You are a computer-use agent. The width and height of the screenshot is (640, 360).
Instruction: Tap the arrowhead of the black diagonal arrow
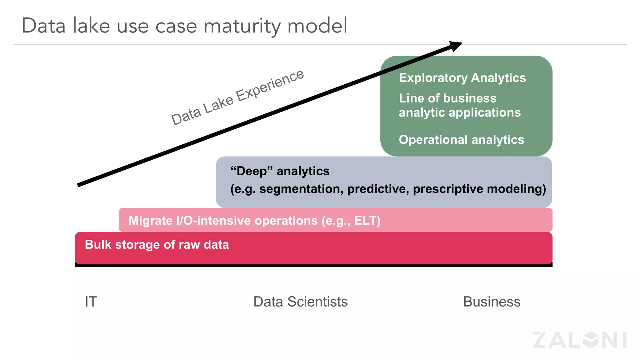coord(456,46)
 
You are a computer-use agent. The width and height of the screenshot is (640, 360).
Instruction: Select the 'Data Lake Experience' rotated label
coord(237,97)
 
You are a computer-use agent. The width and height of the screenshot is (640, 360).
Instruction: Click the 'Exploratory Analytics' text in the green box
coord(462,78)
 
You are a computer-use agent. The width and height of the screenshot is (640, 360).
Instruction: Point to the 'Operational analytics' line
coord(461,140)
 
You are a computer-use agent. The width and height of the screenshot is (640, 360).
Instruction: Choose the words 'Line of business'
coord(447,98)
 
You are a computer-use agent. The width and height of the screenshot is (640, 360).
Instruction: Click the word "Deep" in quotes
coord(252,171)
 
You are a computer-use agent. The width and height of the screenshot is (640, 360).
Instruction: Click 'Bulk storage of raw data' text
coord(157,245)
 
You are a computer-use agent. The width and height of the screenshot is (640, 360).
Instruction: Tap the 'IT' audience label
coord(91,302)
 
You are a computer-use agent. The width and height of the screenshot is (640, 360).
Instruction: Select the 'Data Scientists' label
coord(300,302)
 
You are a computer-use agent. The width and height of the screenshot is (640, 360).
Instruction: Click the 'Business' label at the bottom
coord(492,302)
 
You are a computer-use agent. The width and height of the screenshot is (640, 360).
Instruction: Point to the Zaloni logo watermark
coord(580,340)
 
